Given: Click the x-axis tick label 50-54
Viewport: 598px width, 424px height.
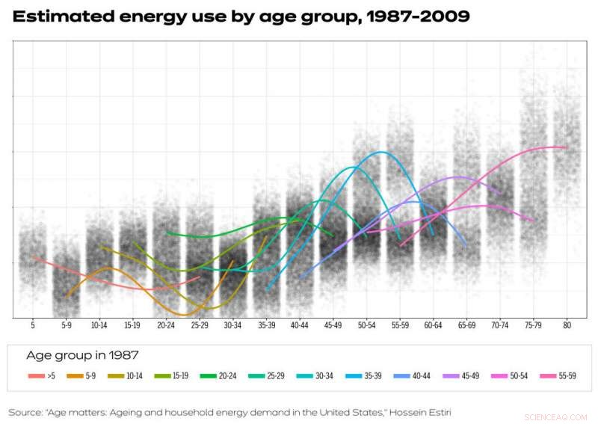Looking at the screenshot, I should tap(366, 325).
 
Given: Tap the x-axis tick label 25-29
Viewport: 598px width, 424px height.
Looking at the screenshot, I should tap(199, 325).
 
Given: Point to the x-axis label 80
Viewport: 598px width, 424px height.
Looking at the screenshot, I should tap(567, 325).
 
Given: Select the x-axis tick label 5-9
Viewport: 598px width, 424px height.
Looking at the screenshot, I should tap(66, 325).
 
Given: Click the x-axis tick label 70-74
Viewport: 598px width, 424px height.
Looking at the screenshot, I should tap(500, 325).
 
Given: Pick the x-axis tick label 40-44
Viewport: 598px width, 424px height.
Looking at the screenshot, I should tap(299, 325).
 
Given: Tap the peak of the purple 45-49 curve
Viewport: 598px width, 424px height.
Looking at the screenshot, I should tap(457, 177).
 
